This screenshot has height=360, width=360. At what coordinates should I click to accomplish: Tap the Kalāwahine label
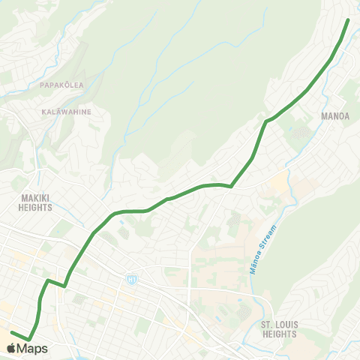point(66,112)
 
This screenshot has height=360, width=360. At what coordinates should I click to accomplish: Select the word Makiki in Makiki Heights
point(35,198)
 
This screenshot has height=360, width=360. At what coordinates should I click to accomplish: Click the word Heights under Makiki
point(35,208)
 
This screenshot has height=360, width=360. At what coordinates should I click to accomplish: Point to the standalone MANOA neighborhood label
point(335,117)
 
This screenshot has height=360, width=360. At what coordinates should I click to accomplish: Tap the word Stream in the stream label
point(268,238)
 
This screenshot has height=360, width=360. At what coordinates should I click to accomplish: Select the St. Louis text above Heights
point(278,325)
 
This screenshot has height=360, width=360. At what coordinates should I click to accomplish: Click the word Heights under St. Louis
point(278,334)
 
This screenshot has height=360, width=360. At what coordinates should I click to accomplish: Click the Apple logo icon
point(11,348)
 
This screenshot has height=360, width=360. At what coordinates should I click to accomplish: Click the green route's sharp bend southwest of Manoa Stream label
point(230,186)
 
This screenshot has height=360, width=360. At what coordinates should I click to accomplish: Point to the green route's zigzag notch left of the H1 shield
point(64,286)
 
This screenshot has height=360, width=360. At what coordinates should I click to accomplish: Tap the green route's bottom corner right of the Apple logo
point(29,340)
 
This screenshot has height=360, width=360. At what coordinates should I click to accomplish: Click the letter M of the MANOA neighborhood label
point(324,117)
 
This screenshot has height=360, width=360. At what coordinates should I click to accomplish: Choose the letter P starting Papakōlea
point(43,85)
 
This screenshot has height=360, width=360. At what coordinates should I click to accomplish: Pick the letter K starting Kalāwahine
point(44,112)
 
